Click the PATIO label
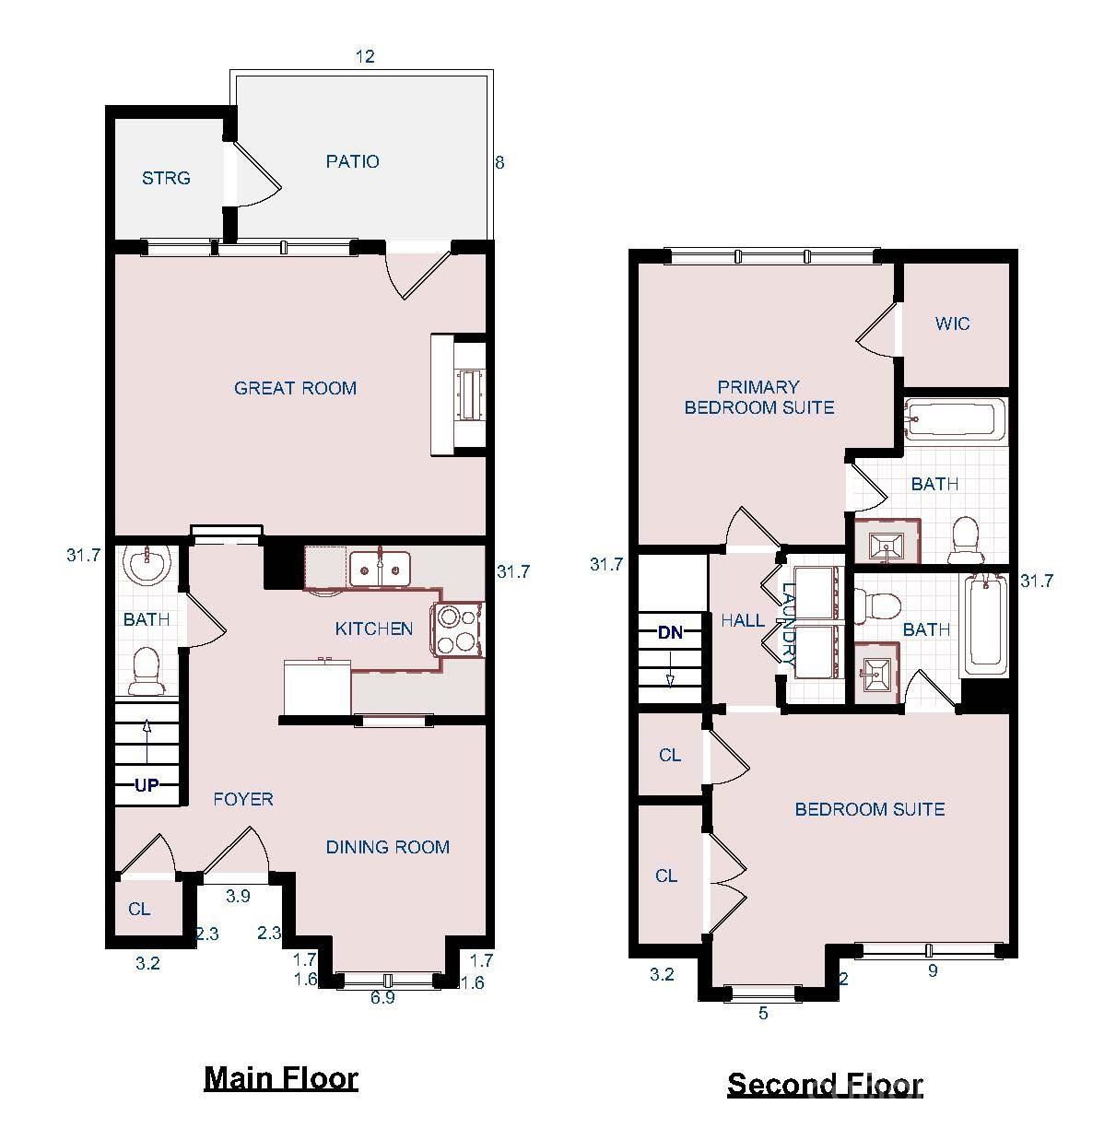point(352,161)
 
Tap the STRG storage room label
point(166,178)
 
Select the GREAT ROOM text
point(295,388)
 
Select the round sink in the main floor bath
point(147,563)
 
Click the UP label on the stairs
point(147,786)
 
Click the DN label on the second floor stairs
point(670,632)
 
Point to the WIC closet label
point(952,323)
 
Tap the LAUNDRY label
point(789,625)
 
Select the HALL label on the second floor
point(742,621)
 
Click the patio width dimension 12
point(365,56)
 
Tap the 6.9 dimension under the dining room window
point(382,997)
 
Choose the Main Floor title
point(280,1077)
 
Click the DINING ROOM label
point(388,847)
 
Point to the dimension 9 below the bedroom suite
point(933,970)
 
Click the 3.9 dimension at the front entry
point(238,896)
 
